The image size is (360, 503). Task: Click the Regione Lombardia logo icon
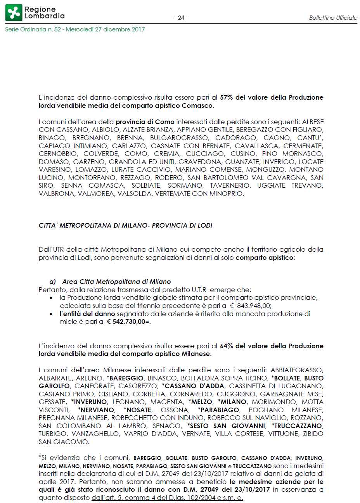[14, 13]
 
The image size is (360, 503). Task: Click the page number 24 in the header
[181, 18]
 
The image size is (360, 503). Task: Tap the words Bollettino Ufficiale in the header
[333, 18]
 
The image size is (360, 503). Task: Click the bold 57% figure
[226, 97]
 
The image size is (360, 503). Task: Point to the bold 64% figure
[226, 346]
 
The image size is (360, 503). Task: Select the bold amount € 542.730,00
[128, 322]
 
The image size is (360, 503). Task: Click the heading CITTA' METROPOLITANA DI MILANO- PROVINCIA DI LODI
[125, 225]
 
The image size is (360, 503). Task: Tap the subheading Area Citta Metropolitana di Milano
[116, 282]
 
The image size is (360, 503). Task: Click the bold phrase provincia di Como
[145, 122]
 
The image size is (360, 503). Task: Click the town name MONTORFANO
[92, 178]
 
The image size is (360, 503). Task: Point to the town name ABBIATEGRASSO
[297, 370]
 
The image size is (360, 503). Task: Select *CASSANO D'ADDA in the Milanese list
[193, 386]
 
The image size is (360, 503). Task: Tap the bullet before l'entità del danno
[51, 314]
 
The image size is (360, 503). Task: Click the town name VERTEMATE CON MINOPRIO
[199, 194]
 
